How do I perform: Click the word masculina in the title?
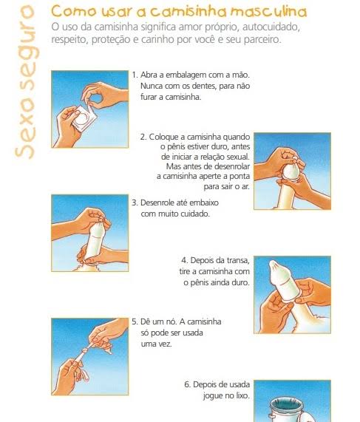pos(269,12)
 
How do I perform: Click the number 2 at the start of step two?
pos(143,137)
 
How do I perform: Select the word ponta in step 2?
pos(240,177)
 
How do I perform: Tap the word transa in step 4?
pos(238,261)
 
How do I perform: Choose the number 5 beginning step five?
pos(135,321)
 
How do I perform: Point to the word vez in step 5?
pos(165,344)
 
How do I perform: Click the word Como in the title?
pos(73,12)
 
